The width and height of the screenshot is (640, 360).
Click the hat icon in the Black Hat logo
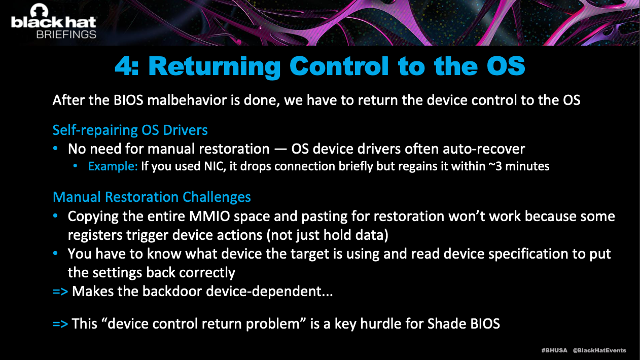point(39,11)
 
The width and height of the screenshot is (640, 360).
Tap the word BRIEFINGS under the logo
point(66,34)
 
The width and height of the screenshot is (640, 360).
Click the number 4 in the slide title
point(123,66)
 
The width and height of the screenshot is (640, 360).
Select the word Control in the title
point(339,66)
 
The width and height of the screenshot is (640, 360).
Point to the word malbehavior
point(187,100)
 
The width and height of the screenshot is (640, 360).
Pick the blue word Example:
point(113,166)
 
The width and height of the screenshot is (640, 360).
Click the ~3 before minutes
point(495,166)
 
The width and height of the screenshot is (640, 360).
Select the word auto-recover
point(484,149)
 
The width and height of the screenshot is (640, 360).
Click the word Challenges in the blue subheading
point(217,197)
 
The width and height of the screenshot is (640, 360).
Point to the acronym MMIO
point(209,217)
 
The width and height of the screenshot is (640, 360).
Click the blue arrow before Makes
point(60,292)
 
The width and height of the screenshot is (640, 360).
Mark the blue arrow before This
point(60,324)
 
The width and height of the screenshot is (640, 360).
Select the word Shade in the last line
point(447,323)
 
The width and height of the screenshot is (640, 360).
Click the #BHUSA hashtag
point(554,350)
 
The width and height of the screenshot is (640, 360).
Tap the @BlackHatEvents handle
point(599,350)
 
